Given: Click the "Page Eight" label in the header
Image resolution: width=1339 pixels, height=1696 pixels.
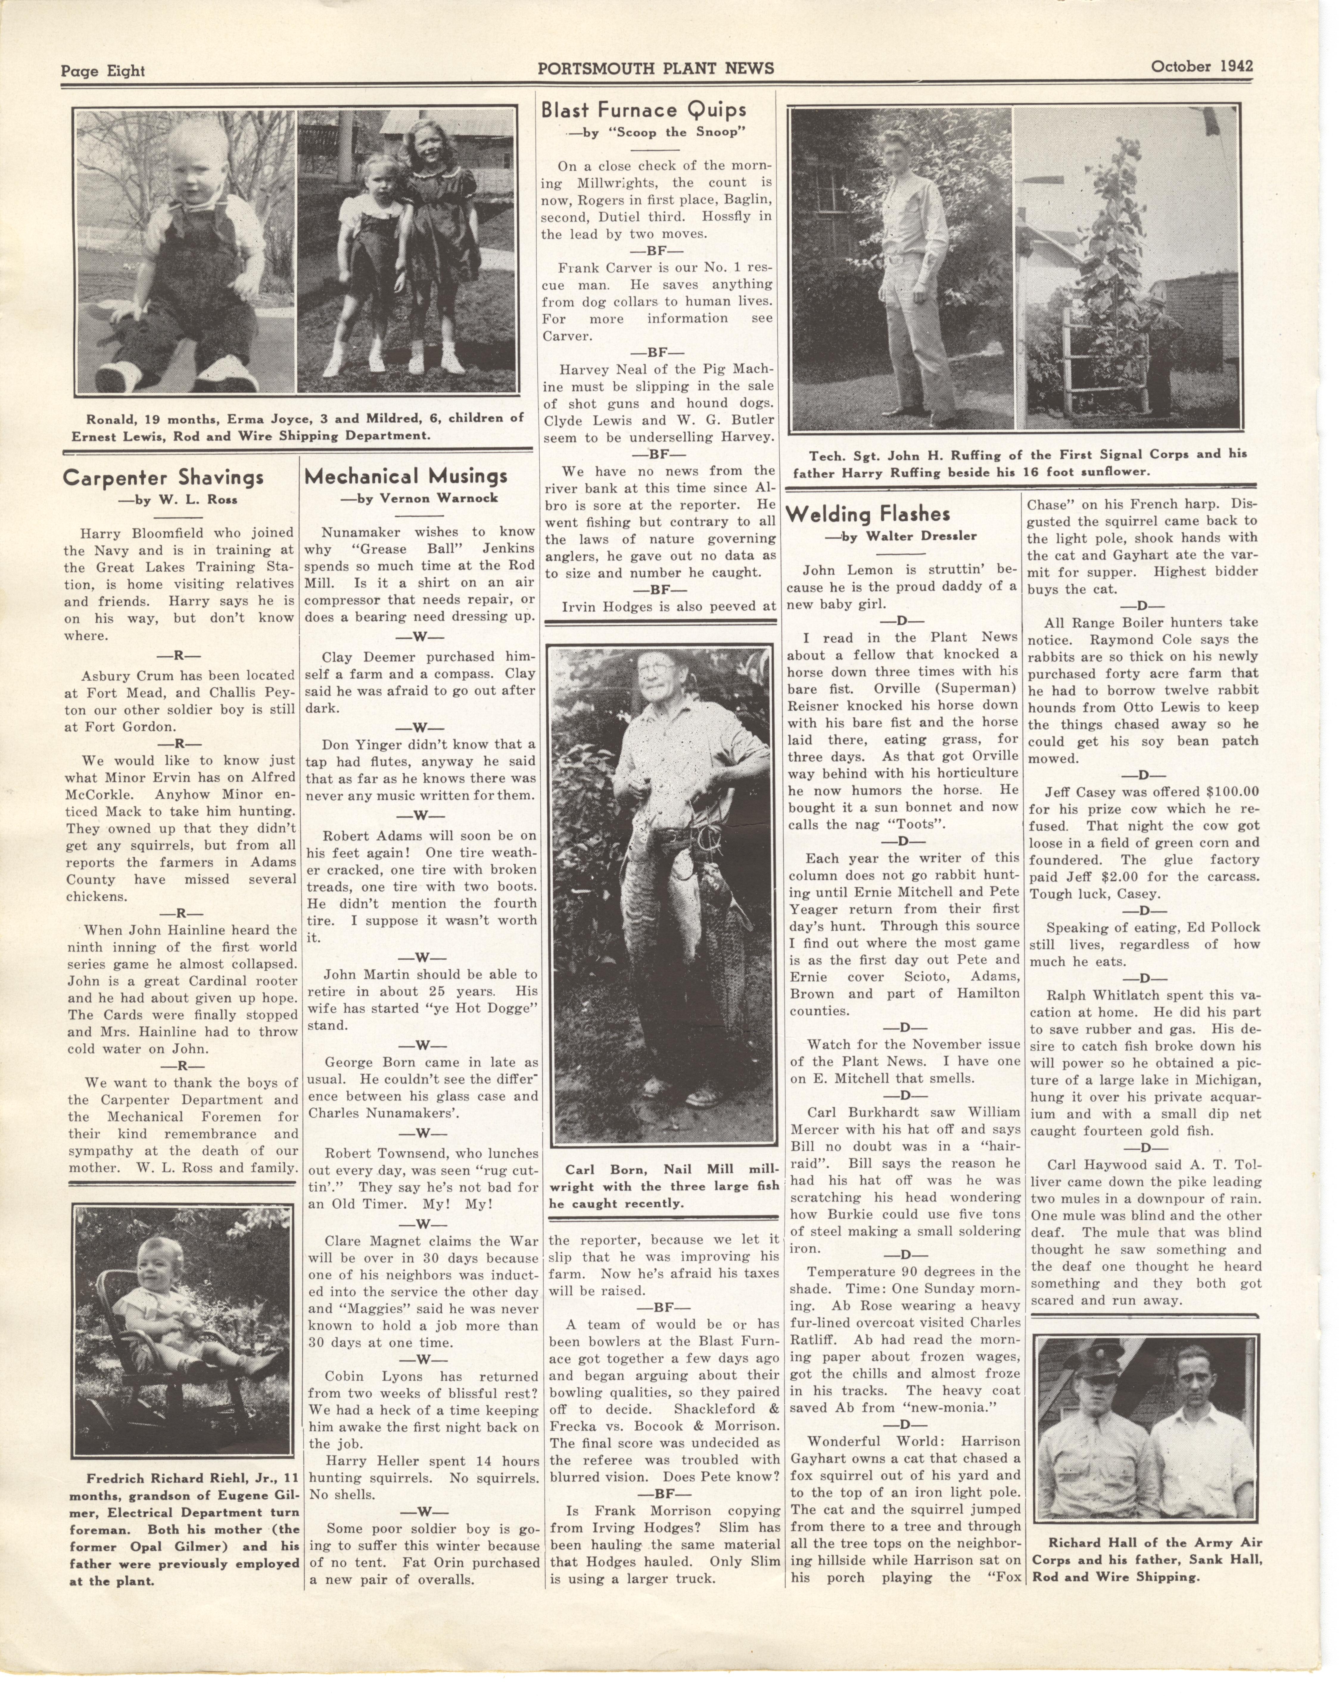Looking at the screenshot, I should pyautogui.click(x=103, y=71).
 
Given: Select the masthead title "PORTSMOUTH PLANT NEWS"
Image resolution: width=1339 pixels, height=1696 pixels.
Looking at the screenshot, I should pyautogui.click(x=656, y=68).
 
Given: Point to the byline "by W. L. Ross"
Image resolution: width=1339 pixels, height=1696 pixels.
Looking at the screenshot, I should pyautogui.click(x=177, y=499).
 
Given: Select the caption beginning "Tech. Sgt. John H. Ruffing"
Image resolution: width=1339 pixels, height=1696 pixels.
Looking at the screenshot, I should pyautogui.click(x=1019, y=462).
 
